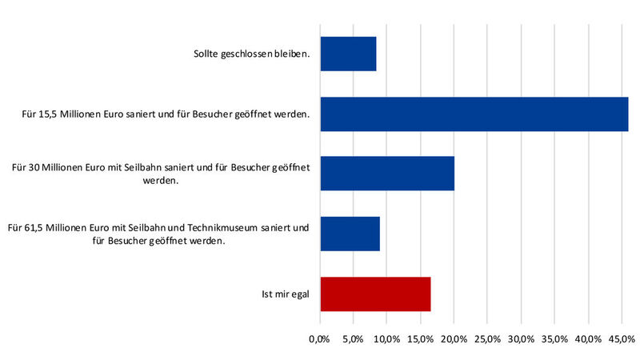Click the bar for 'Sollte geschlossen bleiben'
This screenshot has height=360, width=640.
click(348, 54)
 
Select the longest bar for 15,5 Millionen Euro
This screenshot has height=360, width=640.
click(474, 114)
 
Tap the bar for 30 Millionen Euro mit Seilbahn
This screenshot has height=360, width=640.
click(387, 174)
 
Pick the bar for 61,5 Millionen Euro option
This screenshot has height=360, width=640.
click(350, 234)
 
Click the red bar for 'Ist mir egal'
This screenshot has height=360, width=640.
click(375, 294)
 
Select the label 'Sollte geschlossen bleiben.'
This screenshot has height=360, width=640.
click(251, 54)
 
